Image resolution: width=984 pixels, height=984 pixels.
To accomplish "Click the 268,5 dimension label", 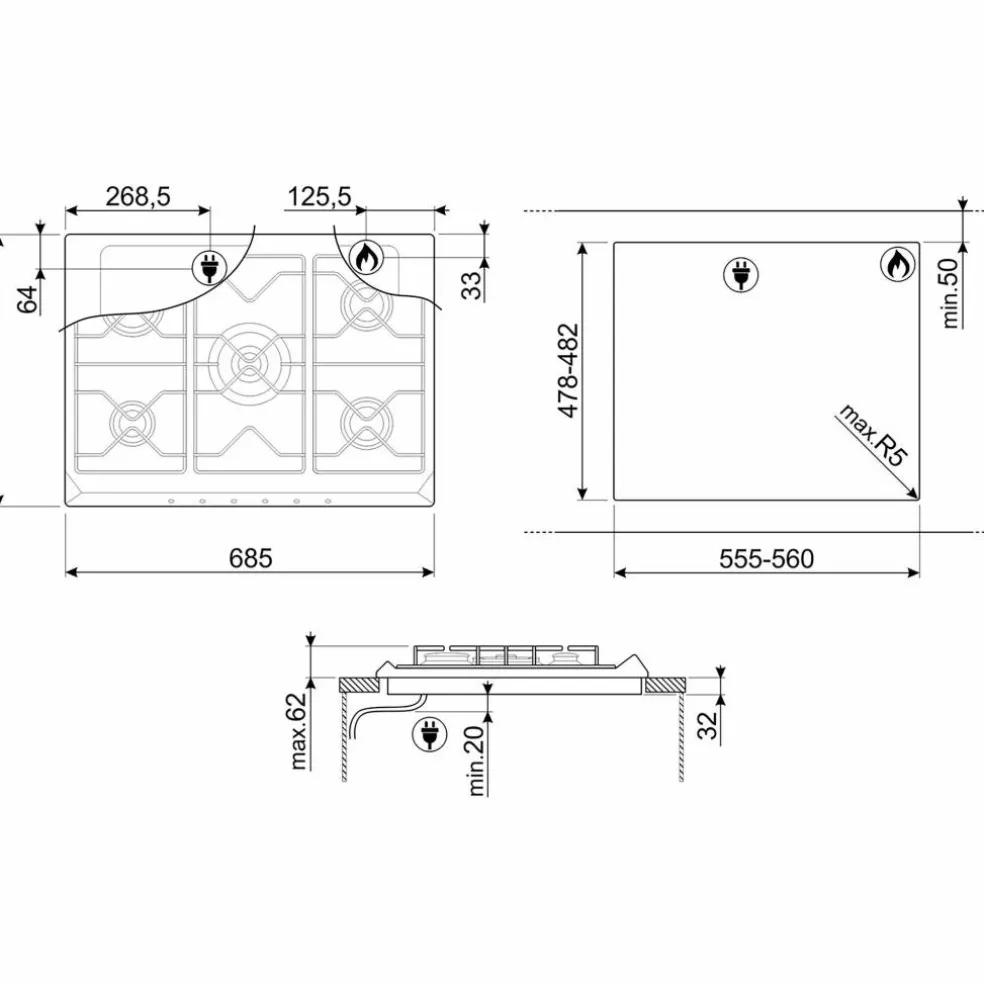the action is [x=137, y=196].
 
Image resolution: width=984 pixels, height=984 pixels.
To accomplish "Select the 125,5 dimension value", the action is [x=319, y=196].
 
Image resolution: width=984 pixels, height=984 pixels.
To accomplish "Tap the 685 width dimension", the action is [x=250, y=558].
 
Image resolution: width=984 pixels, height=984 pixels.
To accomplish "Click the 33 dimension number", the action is [x=473, y=286].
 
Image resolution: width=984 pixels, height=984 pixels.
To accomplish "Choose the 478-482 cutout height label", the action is [x=569, y=370].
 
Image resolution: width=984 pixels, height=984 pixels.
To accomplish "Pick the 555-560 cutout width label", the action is [x=766, y=559].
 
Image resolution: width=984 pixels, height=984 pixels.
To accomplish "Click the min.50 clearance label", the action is [x=951, y=293].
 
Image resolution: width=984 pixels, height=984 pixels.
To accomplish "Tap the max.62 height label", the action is [x=299, y=731].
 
